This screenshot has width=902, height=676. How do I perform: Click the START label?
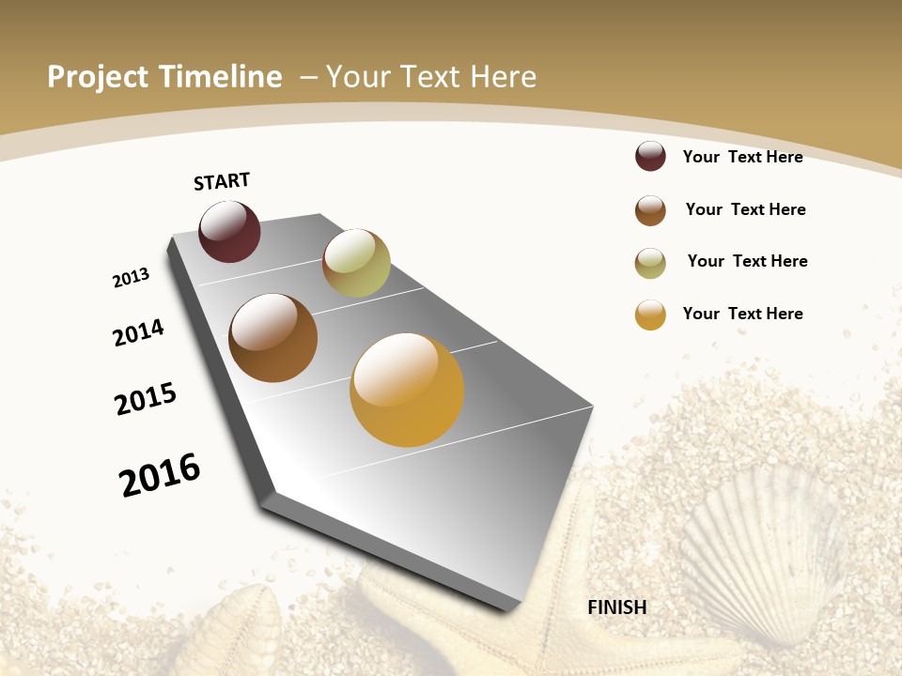pos(222,181)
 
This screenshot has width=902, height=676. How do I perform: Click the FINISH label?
pos(617,607)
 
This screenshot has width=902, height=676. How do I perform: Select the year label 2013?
pos(131,278)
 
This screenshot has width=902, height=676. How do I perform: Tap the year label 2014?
pos(139,332)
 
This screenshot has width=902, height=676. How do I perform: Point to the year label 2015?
pos(146,399)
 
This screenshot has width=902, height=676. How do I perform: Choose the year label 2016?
pos(160,474)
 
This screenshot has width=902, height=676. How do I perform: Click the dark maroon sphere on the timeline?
pos(229,231)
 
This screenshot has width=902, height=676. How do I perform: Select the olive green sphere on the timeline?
pos(356,263)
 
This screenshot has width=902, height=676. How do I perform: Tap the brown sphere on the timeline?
pos(272,338)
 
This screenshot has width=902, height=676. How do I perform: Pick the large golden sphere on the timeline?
pos(407,390)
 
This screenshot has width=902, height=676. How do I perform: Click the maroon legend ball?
pos(650,156)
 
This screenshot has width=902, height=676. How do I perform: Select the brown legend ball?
pos(650,210)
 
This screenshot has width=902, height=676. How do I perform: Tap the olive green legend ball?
pos(650,263)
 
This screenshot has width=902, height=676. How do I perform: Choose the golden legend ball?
pos(650,315)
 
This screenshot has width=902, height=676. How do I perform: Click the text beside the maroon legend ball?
pos(742,157)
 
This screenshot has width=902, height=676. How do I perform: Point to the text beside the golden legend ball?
pos(742,314)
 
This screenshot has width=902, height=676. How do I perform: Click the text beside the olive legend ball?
pos(747,261)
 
